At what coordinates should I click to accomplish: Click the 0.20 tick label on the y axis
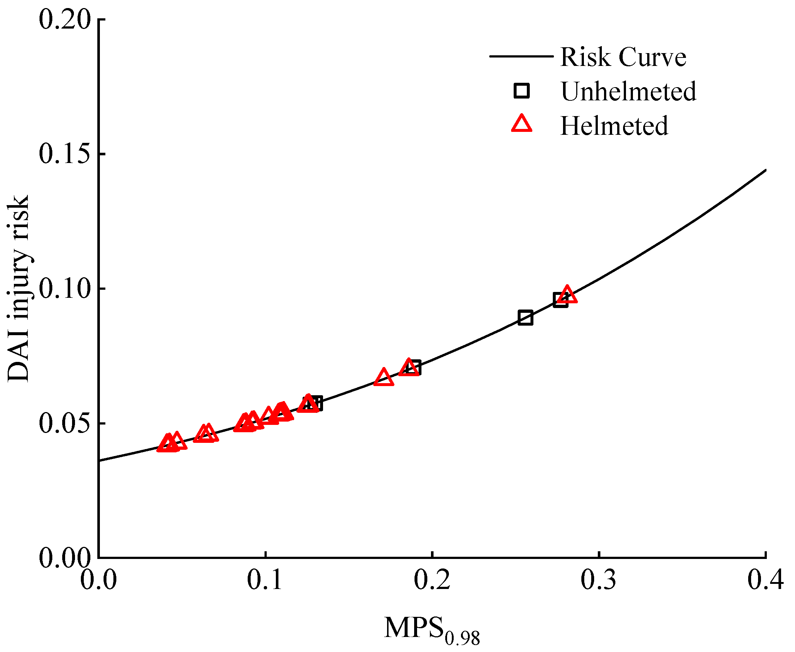[x=65, y=19]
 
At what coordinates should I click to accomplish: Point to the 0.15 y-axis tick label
[x=65, y=154]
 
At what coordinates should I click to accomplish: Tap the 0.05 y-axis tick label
[x=65, y=423]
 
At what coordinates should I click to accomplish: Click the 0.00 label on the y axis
[x=65, y=558]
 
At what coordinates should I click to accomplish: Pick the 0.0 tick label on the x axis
[x=99, y=580]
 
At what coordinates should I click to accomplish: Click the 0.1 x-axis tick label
[x=265, y=580]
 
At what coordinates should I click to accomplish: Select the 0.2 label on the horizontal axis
[x=432, y=580]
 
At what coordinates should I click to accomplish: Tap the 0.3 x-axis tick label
[x=599, y=580]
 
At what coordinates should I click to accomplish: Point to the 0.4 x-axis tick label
[x=765, y=580]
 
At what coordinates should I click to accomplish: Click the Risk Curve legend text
[x=623, y=57]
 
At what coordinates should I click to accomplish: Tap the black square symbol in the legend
[x=521, y=91]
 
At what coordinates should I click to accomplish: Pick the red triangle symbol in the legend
[x=521, y=124]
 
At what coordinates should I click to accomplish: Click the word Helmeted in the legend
[x=614, y=125]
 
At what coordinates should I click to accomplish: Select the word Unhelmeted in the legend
[x=629, y=91]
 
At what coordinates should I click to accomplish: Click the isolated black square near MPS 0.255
[x=526, y=318]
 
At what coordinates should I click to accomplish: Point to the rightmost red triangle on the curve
[x=567, y=295]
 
